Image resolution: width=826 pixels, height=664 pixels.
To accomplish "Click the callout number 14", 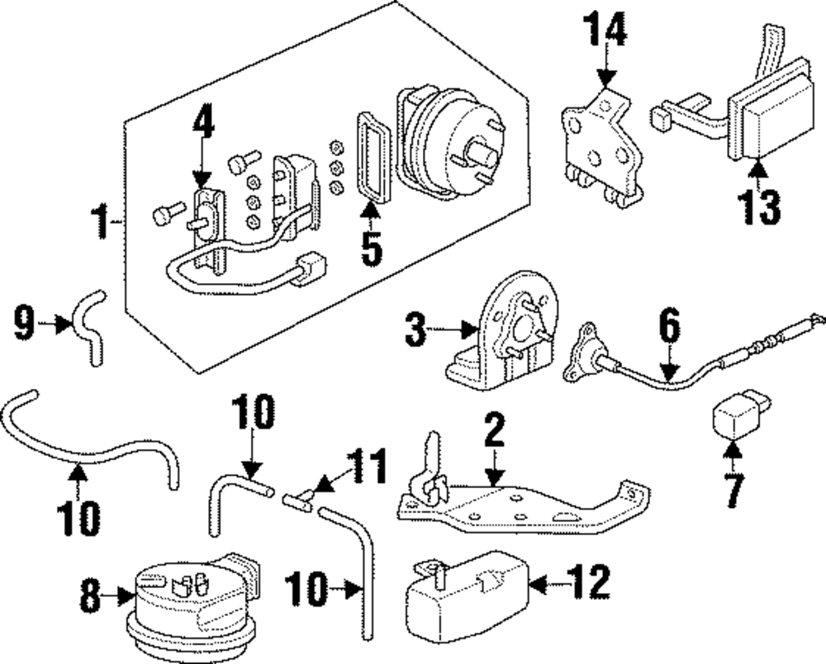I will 607,31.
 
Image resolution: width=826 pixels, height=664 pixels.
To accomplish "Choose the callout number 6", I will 669,328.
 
